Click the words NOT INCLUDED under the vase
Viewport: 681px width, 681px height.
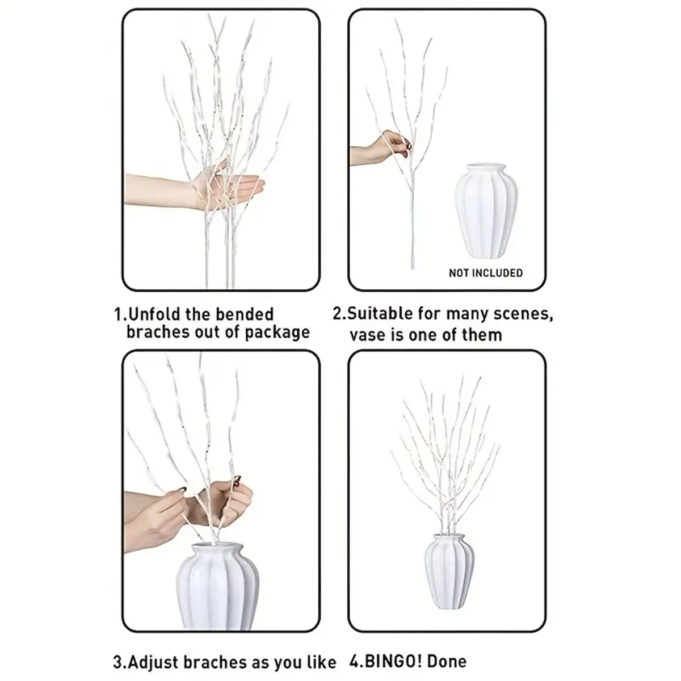[x=485, y=273]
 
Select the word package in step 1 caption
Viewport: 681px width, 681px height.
[x=277, y=333]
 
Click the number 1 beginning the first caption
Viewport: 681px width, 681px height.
[x=117, y=315]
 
